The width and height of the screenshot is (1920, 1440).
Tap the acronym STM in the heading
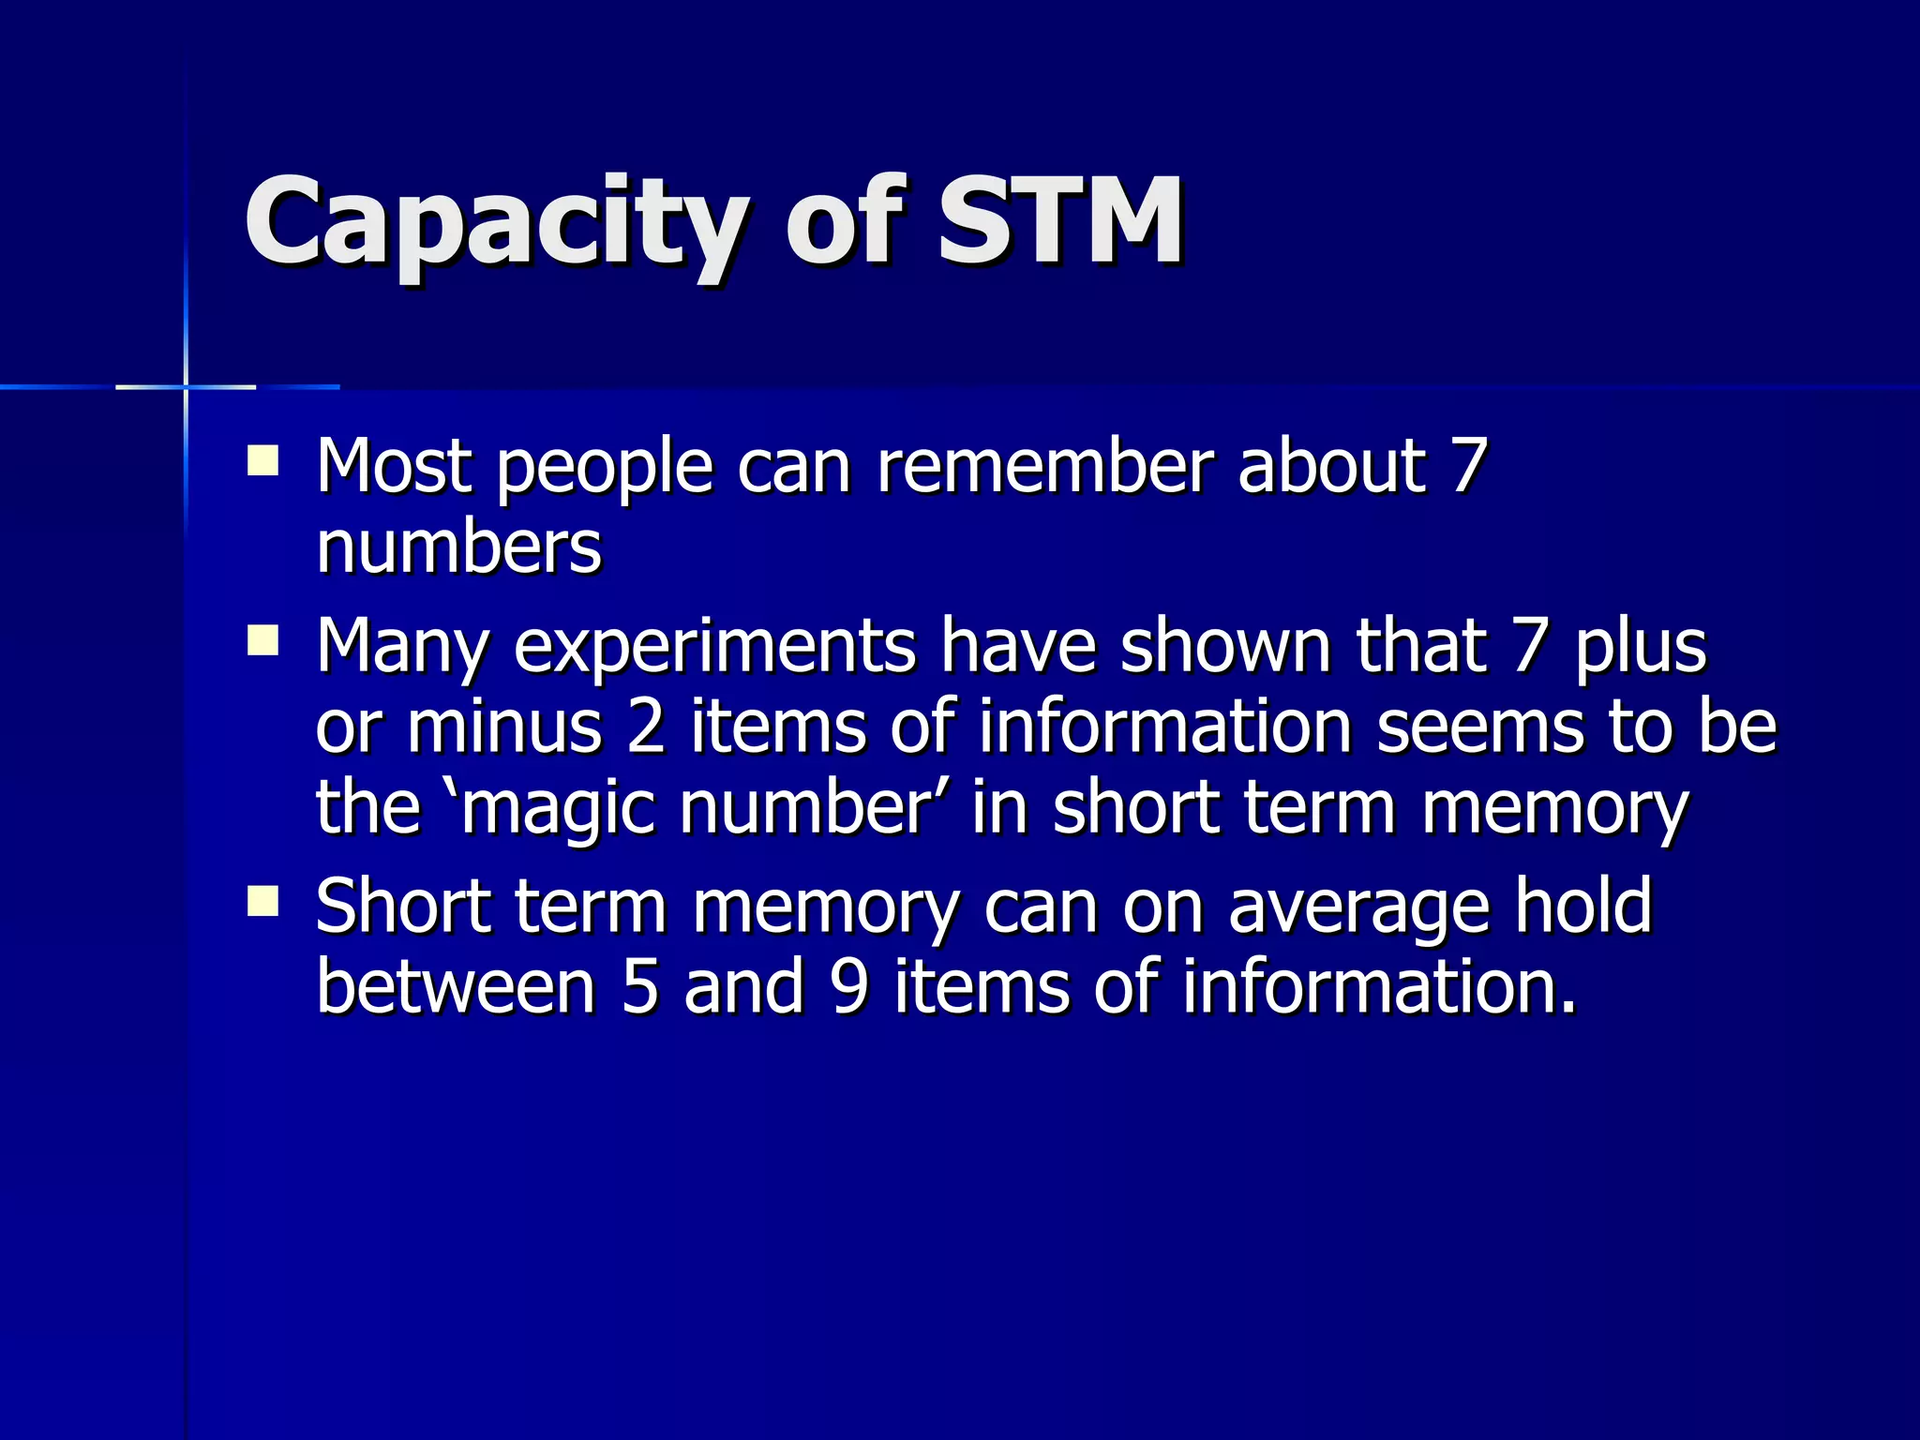coord(1060,221)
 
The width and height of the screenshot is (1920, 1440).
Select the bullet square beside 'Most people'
coord(263,461)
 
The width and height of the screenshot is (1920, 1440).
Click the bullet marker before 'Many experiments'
coord(263,641)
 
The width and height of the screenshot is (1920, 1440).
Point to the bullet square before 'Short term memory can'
coord(263,902)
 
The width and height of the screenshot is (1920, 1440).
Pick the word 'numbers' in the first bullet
coord(458,547)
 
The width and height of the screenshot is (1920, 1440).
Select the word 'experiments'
coord(714,647)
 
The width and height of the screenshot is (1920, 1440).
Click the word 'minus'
coord(504,727)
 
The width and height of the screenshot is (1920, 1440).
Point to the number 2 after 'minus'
coord(646,727)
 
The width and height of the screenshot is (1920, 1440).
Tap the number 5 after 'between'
coord(640,987)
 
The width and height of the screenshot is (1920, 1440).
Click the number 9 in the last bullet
coord(849,987)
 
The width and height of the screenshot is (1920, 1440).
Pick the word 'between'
coord(456,987)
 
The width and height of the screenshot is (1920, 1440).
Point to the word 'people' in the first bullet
coord(605,467)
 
